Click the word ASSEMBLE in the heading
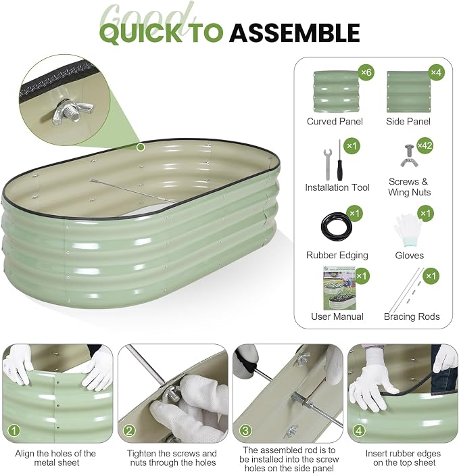(x=294, y=32)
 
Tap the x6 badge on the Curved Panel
(x=366, y=72)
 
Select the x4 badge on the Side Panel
(x=436, y=72)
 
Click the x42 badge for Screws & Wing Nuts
(x=425, y=145)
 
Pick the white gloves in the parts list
(x=407, y=229)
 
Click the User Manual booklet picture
(x=339, y=288)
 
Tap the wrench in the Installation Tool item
(x=328, y=164)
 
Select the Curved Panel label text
(x=335, y=122)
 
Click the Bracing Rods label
(x=412, y=316)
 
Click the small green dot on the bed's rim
(x=141, y=147)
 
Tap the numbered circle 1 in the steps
(x=14, y=431)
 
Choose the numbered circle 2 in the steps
(x=129, y=431)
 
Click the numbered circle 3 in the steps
(x=245, y=431)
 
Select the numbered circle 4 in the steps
(x=359, y=431)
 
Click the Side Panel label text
(x=408, y=122)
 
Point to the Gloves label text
(x=409, y=256)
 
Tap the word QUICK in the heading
(x=141, y=33)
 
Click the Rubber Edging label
(x=337, y=256)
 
